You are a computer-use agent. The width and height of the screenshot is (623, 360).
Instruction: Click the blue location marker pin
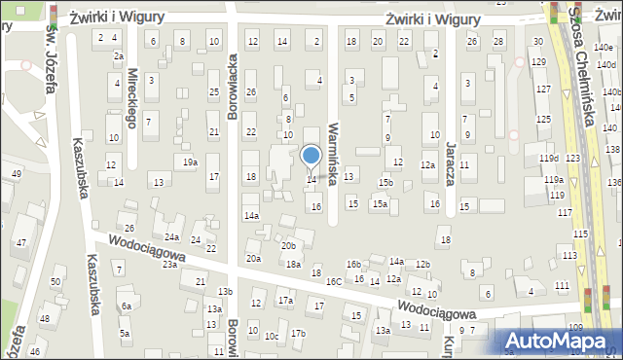(x=311, y=156)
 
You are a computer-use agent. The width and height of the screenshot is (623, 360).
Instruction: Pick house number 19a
(x=190, y=162)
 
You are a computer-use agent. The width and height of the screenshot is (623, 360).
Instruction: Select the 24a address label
(x=172, y=237)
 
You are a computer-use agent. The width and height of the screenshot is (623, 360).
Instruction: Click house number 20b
(x=288, y=246)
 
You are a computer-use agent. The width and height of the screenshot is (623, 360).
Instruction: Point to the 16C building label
(x=334, y=281)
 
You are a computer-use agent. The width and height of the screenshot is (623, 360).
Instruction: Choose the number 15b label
(x=385, y=183)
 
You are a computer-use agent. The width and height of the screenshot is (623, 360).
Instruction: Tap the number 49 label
(x=16, y=173)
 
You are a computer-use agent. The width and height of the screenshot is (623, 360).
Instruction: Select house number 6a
(x=126, y=306)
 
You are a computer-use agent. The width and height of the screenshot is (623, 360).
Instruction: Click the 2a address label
(x=118, y=56)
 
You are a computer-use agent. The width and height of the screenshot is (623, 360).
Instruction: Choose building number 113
(x=568, y=255)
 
